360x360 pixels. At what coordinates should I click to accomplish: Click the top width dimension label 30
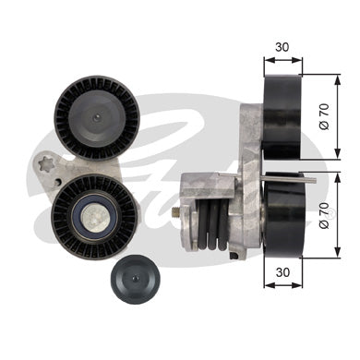point(282,47)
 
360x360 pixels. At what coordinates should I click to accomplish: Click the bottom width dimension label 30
point(282,272)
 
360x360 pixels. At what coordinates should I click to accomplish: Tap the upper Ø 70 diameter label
point(325,116)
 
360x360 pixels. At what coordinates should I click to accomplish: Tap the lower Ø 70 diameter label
point(325,215)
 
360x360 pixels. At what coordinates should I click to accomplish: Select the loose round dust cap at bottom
point(135,280)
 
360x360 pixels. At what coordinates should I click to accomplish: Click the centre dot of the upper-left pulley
point(97,117)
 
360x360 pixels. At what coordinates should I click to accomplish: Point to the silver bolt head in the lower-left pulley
point(96,216)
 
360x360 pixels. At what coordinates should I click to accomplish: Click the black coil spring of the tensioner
point(213,224)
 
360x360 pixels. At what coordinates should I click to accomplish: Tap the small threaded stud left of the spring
point(175,212)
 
